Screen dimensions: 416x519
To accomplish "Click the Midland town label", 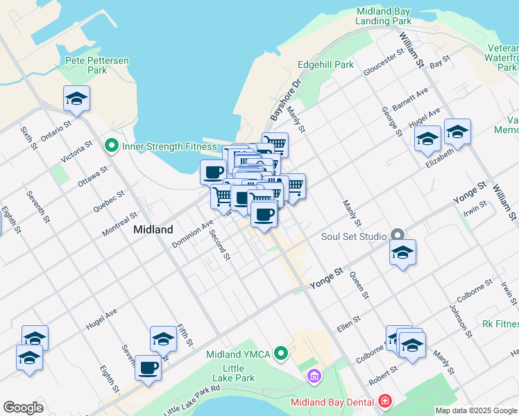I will (x=153, y=229).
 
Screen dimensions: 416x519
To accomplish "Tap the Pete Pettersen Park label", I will (x=96, y=65).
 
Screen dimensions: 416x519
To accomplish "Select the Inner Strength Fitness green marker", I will (x=110, y=146).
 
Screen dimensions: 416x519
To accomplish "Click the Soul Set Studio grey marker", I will (x=397, y=236).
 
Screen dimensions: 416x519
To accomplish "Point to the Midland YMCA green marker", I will (x=281, y=354).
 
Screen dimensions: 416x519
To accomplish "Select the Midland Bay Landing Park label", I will (x=384, y=17).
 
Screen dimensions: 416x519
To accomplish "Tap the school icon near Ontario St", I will (x=76, y=99).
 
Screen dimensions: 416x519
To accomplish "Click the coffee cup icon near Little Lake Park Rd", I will (x=148, y=367).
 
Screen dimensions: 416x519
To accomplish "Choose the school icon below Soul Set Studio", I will (x=402, y=254).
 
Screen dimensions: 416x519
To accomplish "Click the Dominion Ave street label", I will (x=193, y=234).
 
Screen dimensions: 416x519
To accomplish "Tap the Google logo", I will (x=23, y=407).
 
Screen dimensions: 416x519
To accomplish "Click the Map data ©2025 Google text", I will (x=476, y=410).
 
